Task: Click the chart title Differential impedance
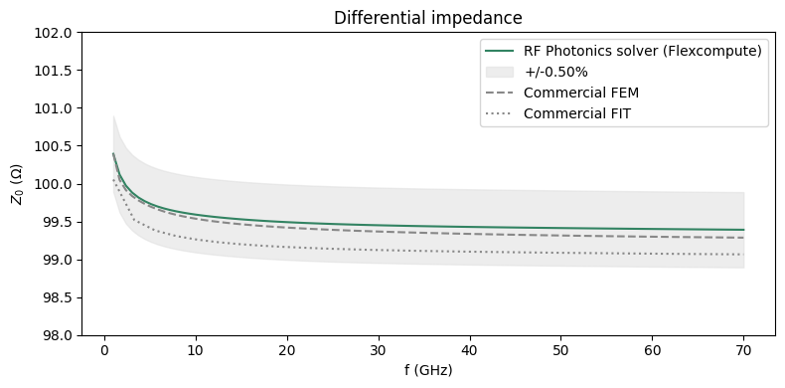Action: [427, 18]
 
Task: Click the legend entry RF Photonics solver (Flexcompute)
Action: [642, 51]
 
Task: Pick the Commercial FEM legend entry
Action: [580, 93]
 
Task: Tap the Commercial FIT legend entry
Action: [576, 113]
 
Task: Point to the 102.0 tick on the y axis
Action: [56, 33]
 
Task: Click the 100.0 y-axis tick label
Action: [56, 184]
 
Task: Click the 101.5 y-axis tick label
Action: [56, 71]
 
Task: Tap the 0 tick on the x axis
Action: [103, 351]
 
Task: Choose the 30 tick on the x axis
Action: [378, 351]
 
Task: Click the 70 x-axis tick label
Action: [744, 351]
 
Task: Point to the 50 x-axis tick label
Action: [561, 351]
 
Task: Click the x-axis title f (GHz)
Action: [427, 370]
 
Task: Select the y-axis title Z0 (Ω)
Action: [17, 184]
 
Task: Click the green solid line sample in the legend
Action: [500, 51]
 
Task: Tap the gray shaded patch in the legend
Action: [500, 72]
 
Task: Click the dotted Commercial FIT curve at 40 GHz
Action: [469, 252]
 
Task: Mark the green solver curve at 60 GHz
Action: [653, 229]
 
